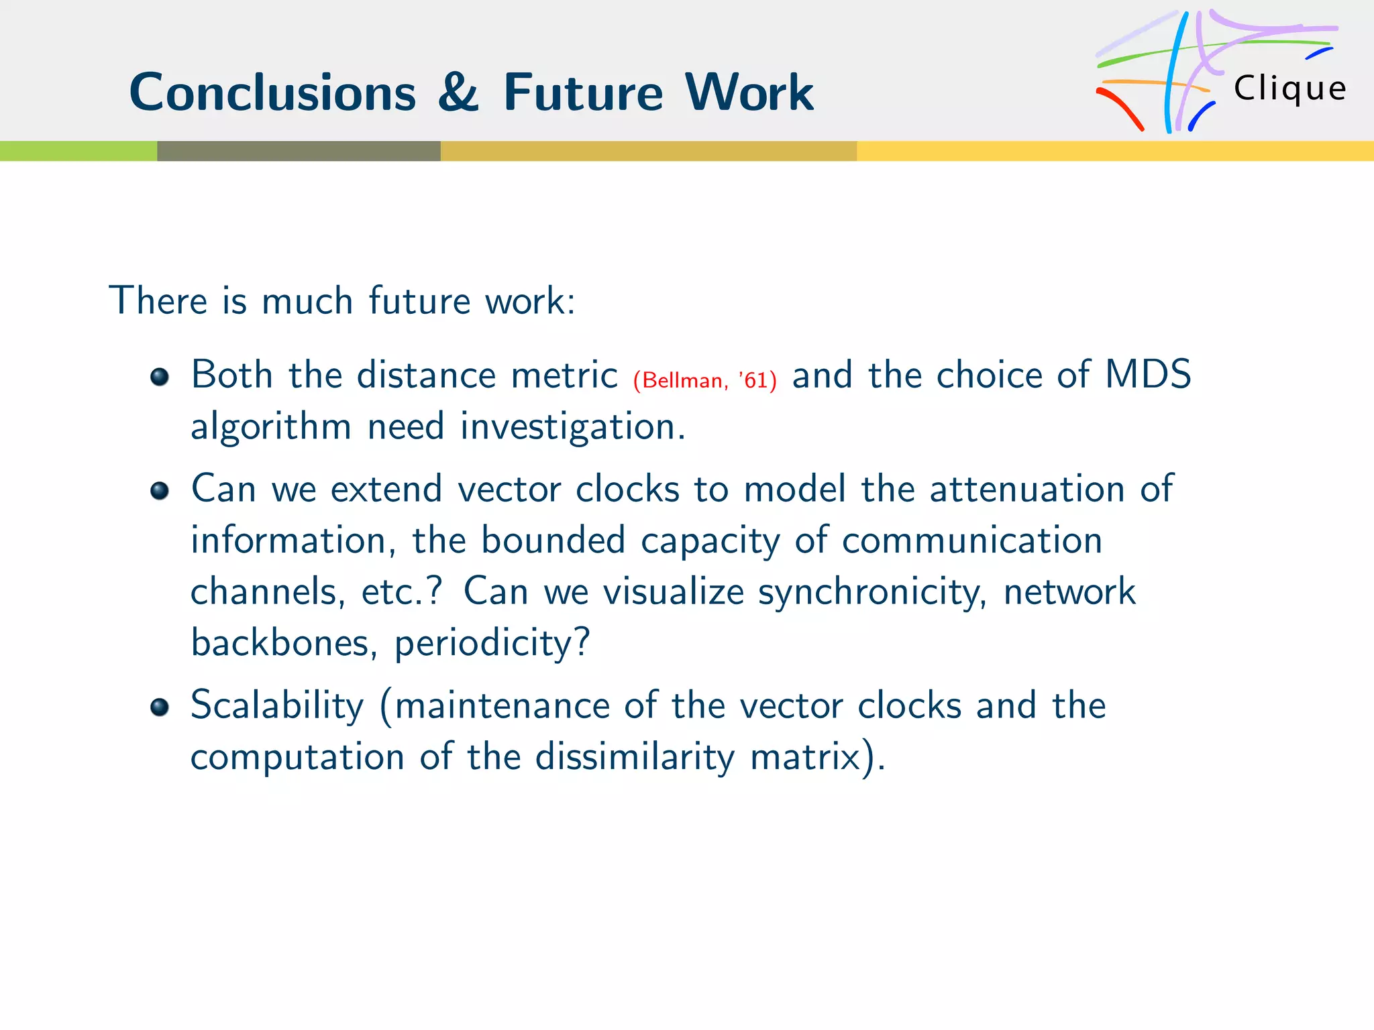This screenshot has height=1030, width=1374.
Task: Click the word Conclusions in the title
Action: tap(272, 93)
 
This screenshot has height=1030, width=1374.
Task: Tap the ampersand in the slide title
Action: tap(458, 93)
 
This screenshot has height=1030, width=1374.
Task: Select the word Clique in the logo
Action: tap(1289, 89)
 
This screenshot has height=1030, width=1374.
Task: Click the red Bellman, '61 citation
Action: tap(704, 380)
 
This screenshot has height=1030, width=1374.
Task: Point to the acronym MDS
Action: tap(1147, 374)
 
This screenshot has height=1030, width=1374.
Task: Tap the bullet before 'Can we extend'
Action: tap(159, 491)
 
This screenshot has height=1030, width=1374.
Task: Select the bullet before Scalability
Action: tap(159, 707)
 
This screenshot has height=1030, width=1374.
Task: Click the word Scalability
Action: tap(277, 705)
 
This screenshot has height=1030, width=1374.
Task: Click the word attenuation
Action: tap(1026, 488)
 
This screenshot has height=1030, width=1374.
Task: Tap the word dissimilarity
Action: tap(634, 757)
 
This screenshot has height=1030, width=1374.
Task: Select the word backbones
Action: tap(280, 642)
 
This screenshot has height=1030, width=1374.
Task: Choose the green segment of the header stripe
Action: tap(78, 151)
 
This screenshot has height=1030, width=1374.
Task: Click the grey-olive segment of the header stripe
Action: tap(299, 151)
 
